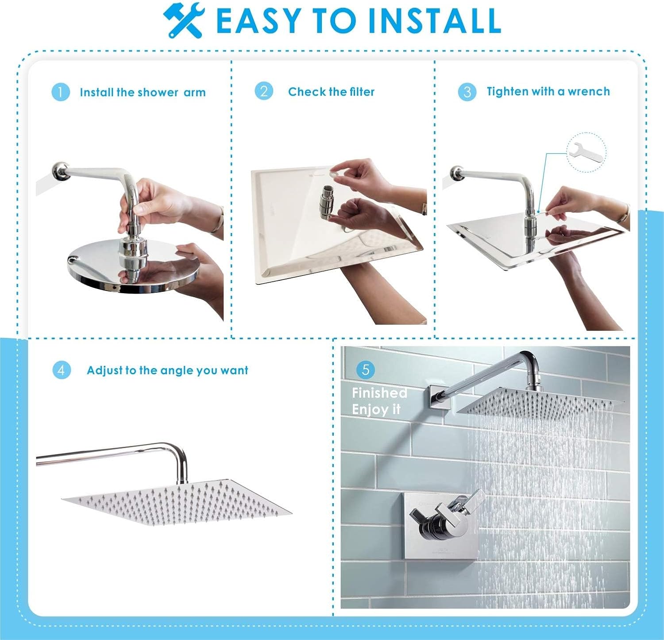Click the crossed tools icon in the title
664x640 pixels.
183,19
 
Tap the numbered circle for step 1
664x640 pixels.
61,92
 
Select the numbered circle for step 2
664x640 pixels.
264,91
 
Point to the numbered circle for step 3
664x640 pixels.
467,92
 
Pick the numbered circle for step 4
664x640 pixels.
61,370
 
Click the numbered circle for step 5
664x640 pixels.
366,369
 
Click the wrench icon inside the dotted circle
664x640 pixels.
586,153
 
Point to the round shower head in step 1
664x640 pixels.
132,266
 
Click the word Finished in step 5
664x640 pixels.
379,393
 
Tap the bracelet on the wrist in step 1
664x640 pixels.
217,219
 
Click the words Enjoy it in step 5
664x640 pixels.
376,410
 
